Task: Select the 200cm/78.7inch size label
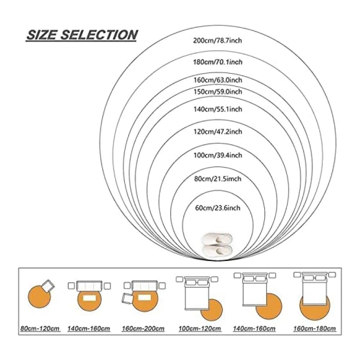[x=217, y=41]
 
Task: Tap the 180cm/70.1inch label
[x=218, y=62]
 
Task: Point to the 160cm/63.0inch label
[x=218, y=80]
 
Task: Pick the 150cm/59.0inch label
[x=218, y=91]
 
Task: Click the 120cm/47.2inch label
[x=218, y=131]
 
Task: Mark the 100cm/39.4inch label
[x=218, y=155]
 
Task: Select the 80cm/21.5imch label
[x=218, y=179]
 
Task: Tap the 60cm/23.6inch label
[x=218, y=208]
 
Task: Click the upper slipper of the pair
[x=217, y=239]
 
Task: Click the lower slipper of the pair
[x=217, y=250]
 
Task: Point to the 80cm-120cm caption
[x=40, y=328]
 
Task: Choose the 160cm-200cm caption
[x=143, y=328]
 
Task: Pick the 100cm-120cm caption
[x=200, y=328]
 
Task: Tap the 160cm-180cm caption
[x=315, y=328]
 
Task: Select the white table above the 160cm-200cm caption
[x=143, y=298]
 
